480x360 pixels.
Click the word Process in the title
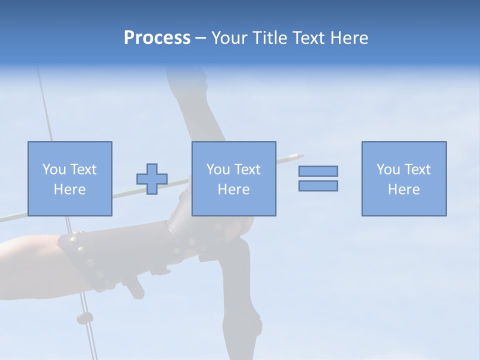[x=157, y=38]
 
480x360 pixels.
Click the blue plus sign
[x=152, y=179]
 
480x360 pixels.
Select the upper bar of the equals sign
[x=318, y=171]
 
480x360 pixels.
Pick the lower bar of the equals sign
[x=318, y=185]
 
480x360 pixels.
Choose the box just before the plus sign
[x=69, y=178]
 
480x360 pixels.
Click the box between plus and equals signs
[x=233, y=178]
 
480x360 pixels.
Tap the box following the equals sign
[x=403, y=178]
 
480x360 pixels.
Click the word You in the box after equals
[x=388, y=169]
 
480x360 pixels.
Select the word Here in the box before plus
[x=69, y=189]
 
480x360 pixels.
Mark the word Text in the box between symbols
[x=247, y=169]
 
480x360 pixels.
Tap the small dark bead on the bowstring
[x=84, y=317]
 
